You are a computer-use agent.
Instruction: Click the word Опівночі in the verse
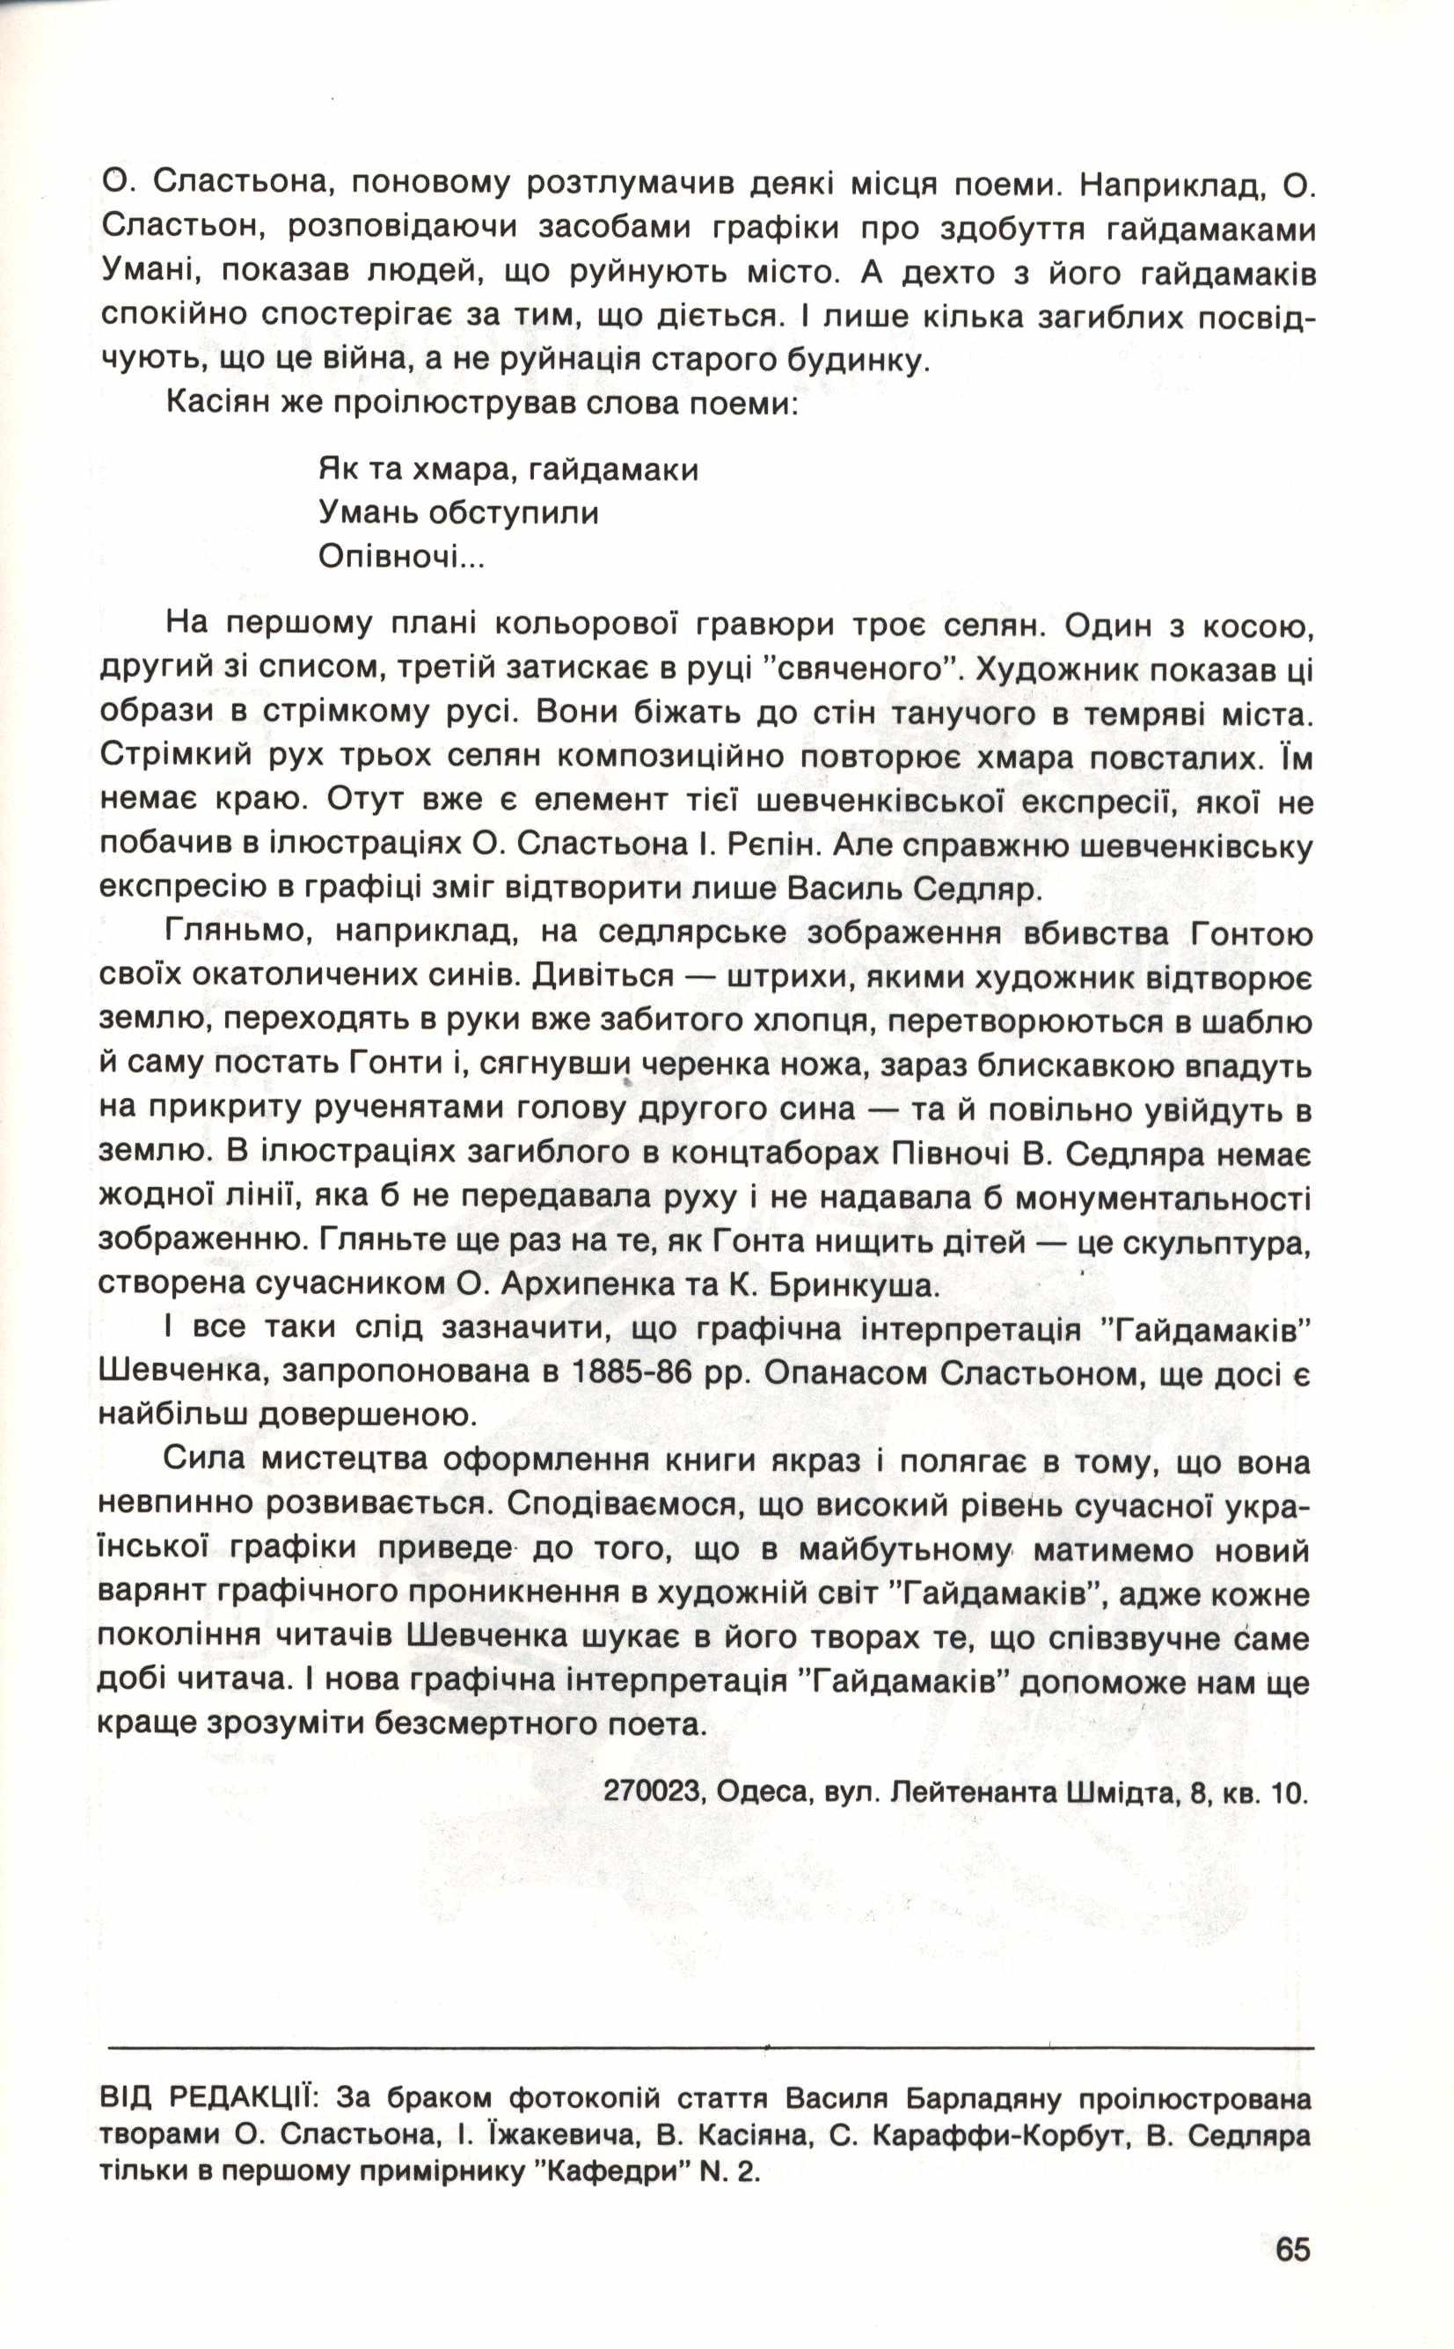(401, 557)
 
